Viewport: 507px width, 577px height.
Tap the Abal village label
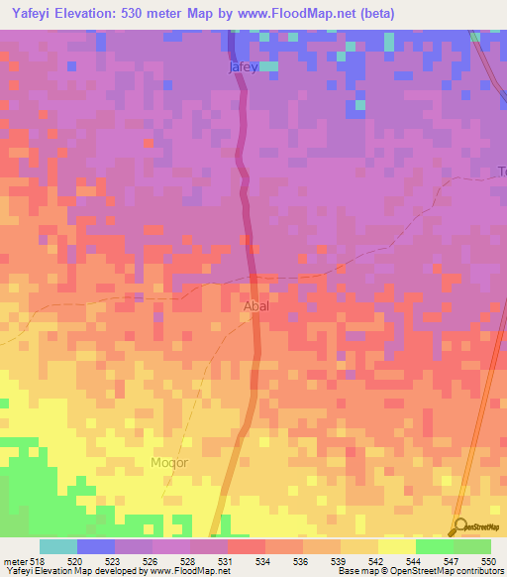pos(255,306)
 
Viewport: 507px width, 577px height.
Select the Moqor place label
pos(168,463)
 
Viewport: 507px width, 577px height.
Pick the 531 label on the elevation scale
pos(226,560)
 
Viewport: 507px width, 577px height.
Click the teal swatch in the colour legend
pos(58,546)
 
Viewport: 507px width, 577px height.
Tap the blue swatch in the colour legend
pos(96,546)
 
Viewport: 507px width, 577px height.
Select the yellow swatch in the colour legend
pos(396,546)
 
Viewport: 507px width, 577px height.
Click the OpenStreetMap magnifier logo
pos(458,527)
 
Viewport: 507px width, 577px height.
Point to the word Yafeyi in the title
pos(38,14)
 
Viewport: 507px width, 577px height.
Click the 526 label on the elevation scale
pos(151,560)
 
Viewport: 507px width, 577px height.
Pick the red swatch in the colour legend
pos(246,546)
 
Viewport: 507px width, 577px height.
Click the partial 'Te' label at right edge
pos(500,172)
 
